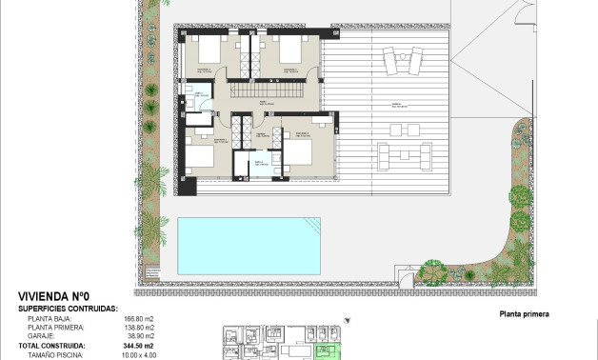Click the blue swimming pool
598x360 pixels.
click(248, 243)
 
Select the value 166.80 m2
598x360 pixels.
click(139, 319)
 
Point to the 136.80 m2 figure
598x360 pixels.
click(139, 328)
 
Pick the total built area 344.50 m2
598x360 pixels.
click(138, 346)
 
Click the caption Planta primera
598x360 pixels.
click(525, 314)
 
